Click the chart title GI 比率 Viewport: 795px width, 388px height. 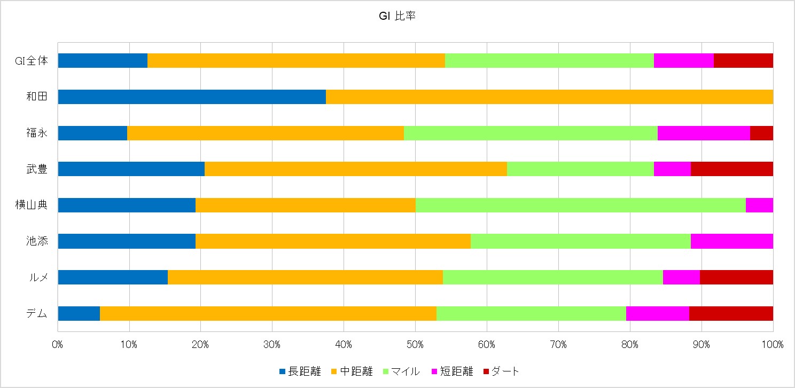(397, 17)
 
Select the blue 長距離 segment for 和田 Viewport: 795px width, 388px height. (191, 97)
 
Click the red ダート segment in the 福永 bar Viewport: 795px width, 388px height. (761, 133)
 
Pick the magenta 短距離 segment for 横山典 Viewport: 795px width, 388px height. (759, 205)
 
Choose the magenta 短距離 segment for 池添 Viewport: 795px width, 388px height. (731, 241)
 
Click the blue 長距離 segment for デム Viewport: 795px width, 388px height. (79, 313)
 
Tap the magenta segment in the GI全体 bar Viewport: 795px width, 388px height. (683, 61)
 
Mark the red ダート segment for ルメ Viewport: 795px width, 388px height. (736, 278)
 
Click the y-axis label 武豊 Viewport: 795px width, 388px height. (37, 169)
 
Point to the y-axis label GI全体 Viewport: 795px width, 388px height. (32, 61)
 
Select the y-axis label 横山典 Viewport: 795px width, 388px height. (32, 205)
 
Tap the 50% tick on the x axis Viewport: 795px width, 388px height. (415, 345)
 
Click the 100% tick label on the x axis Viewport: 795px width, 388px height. (773, 345)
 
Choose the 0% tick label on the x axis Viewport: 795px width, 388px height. (58, 345)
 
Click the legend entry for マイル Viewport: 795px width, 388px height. (401, 371)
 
